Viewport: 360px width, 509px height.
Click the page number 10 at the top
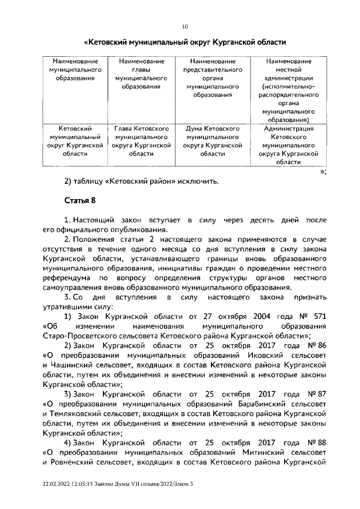coord(184,26)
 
